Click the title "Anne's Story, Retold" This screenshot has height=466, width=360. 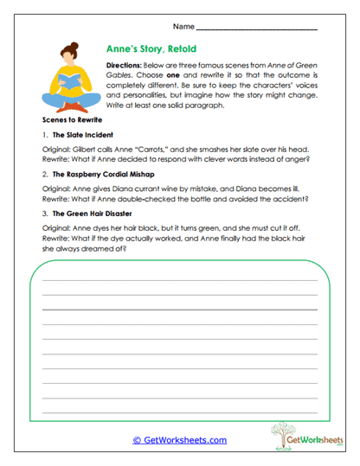pos(150,50)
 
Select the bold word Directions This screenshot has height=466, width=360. pos(123,66)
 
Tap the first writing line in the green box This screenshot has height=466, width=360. pos(180,281)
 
